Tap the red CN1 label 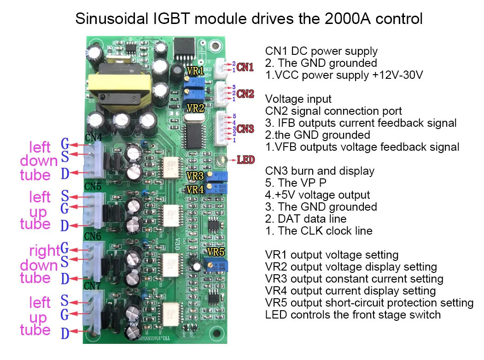tap(245, 67)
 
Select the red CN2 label tap(245, 94)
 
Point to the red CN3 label tap(245, 129)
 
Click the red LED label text tap(245, 160)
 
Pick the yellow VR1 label tap(194, 71)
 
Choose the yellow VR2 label tap(195, 108)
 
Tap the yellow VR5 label tap(216, 252)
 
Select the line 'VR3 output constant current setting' tap(354, 279)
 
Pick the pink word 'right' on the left tap(44, 251)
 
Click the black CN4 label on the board tap(94, 137)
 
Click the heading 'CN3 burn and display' tap(320, 171)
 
